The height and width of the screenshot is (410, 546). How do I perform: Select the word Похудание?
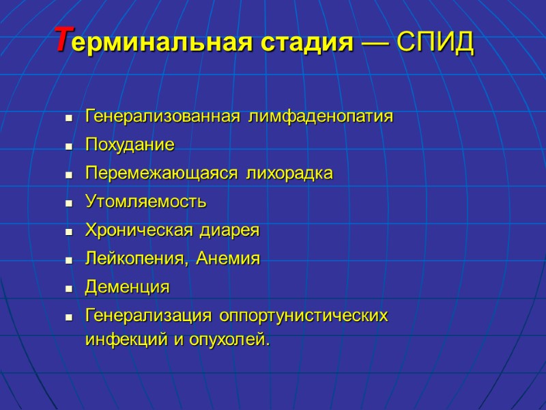(130, 145)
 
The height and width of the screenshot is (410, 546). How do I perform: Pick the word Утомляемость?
(145, 202)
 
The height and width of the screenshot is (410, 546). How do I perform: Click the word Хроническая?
(139, 230)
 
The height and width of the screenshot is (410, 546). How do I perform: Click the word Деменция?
(127, 288)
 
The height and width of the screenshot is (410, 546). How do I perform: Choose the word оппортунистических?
(304, 316)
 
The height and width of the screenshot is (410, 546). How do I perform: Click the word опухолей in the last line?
(232, 340)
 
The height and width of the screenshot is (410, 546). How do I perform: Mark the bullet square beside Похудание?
(68, 147)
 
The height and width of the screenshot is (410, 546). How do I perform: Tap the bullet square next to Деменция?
(68, 290)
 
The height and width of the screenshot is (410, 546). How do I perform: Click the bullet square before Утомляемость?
(68, 204)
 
